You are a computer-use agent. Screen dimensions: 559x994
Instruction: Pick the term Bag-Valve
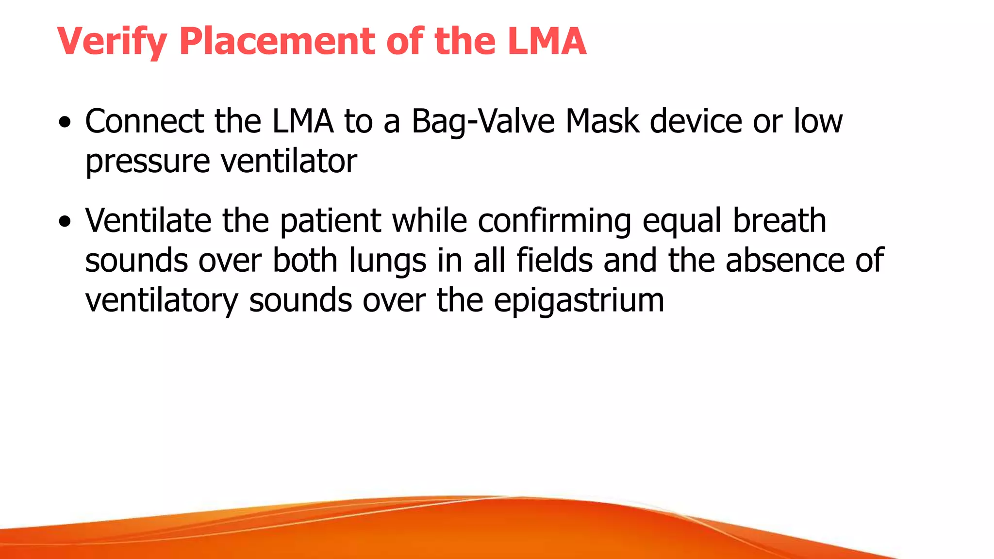(x=483, y=121)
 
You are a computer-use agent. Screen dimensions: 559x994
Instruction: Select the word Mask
(x=602, y=121)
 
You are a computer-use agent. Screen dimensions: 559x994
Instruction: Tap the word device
(x=696, y=121)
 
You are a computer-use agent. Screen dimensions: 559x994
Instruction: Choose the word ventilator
(x=289, y=161)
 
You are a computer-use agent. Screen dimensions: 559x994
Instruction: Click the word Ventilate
(x=149, y=221)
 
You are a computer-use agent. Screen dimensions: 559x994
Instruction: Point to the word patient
(x=331, y=221)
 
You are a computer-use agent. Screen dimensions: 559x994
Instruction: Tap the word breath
(x=779, y=221)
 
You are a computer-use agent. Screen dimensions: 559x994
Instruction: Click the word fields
(x=554, y=261)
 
